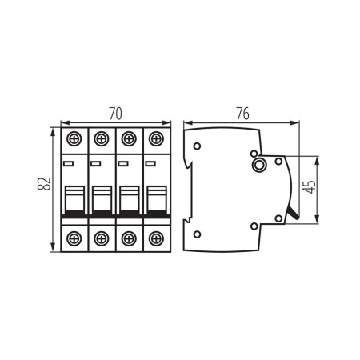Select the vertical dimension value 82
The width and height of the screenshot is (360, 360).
tap(46, 186)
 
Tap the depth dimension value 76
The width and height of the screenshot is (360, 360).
tap(242, 113)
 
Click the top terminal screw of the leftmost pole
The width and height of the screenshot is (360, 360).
tap(74, 138)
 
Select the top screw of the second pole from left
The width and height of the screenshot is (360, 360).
tap(101, 138)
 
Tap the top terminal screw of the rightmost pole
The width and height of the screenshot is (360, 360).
tap(155, 138)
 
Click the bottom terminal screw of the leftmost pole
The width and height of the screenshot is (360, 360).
tap(74, 238)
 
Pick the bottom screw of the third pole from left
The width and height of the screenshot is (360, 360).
tap(128, 238)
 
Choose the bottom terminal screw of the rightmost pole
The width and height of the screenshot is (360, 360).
tap(155, 238)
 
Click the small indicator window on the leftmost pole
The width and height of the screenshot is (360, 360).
tap(69, 164)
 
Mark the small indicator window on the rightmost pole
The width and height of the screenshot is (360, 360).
tap(150, 164)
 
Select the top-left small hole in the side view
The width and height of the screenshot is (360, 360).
tap(198, 146)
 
